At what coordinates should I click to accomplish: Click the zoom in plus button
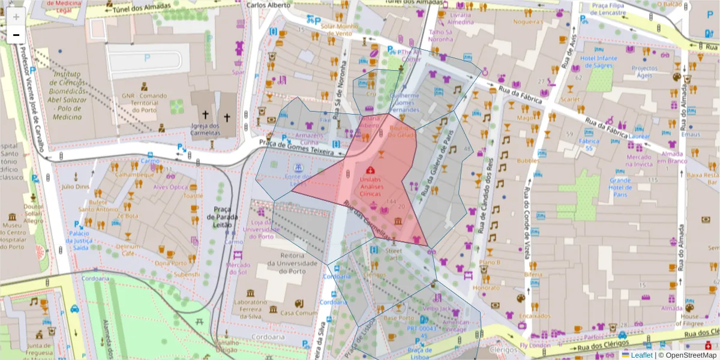point(16,16)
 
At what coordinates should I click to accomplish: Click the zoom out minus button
point(16,35)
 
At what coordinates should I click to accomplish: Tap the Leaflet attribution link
point(641,355)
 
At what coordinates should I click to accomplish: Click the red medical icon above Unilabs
point(370,170)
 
